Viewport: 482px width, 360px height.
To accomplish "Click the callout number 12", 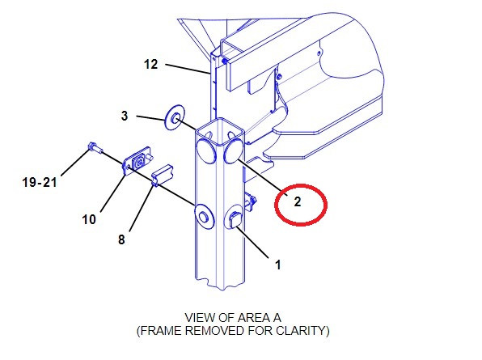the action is [x=150, y=65].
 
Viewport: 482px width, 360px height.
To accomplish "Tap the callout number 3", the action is [x=125, y=116].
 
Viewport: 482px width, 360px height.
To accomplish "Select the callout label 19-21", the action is [x=40, y=182].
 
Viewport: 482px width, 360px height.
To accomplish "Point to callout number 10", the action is [x=89, y=219].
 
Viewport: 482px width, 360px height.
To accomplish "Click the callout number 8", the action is [x=121, y=239].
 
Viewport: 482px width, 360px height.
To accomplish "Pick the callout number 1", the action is [x=278, y=265].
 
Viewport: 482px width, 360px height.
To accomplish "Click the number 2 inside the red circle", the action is [x=298, y=202].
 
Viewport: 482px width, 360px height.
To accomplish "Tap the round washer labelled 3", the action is [x=175, y=117].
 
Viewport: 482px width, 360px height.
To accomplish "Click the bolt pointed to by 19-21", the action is [x=95, y=148].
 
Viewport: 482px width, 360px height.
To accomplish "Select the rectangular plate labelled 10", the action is [x=137, y=161].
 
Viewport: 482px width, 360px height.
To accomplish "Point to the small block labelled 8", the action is [x=163, y=175].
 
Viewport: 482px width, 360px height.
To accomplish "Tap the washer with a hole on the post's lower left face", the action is [x=204, y=216].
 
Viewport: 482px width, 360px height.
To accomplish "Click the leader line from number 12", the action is [x=188, y=70].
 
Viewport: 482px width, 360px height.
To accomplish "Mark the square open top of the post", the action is [x=220, y=131].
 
